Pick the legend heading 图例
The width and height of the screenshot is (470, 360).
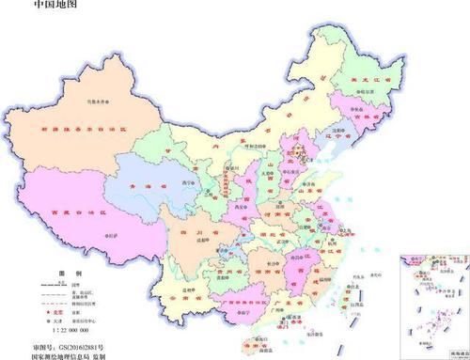[66, 271]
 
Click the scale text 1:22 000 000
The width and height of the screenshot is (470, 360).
[67, 331]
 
